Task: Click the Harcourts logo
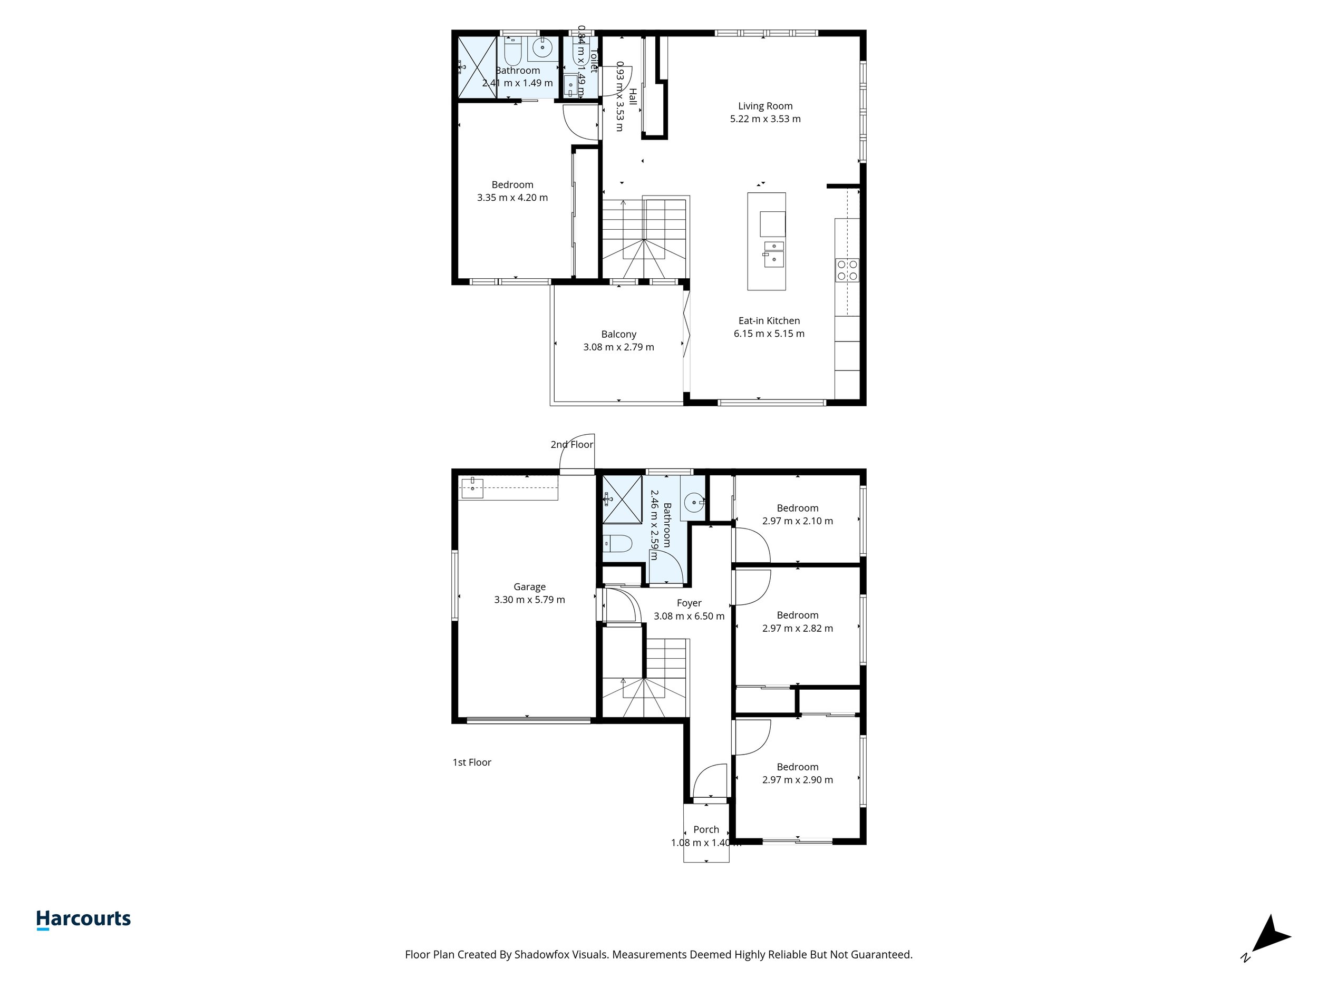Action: point(83,919)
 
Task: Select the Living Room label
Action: point(765,106)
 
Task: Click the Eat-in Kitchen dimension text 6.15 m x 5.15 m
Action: point(769,334)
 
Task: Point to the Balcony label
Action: point(618,334)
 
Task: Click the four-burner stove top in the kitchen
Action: point(847,270)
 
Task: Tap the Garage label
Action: point(529,586)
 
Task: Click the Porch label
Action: point(706,829)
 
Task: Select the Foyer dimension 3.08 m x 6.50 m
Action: point(689,616)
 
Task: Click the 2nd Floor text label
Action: point(571,444)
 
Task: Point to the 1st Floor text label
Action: point(471,762)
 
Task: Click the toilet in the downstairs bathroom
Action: point(617,543)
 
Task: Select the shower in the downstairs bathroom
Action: point(622,499)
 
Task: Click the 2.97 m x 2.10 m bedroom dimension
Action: point(797,521)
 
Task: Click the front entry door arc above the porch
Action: point(711,781)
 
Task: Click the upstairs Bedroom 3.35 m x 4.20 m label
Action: point(512,191)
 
